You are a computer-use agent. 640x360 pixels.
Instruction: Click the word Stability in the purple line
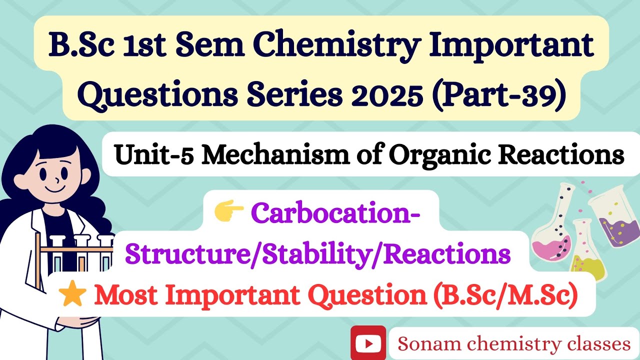328,254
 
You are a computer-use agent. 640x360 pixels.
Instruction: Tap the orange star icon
71,296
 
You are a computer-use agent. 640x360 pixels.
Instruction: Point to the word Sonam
424,344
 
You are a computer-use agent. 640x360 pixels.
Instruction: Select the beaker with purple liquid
614,220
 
